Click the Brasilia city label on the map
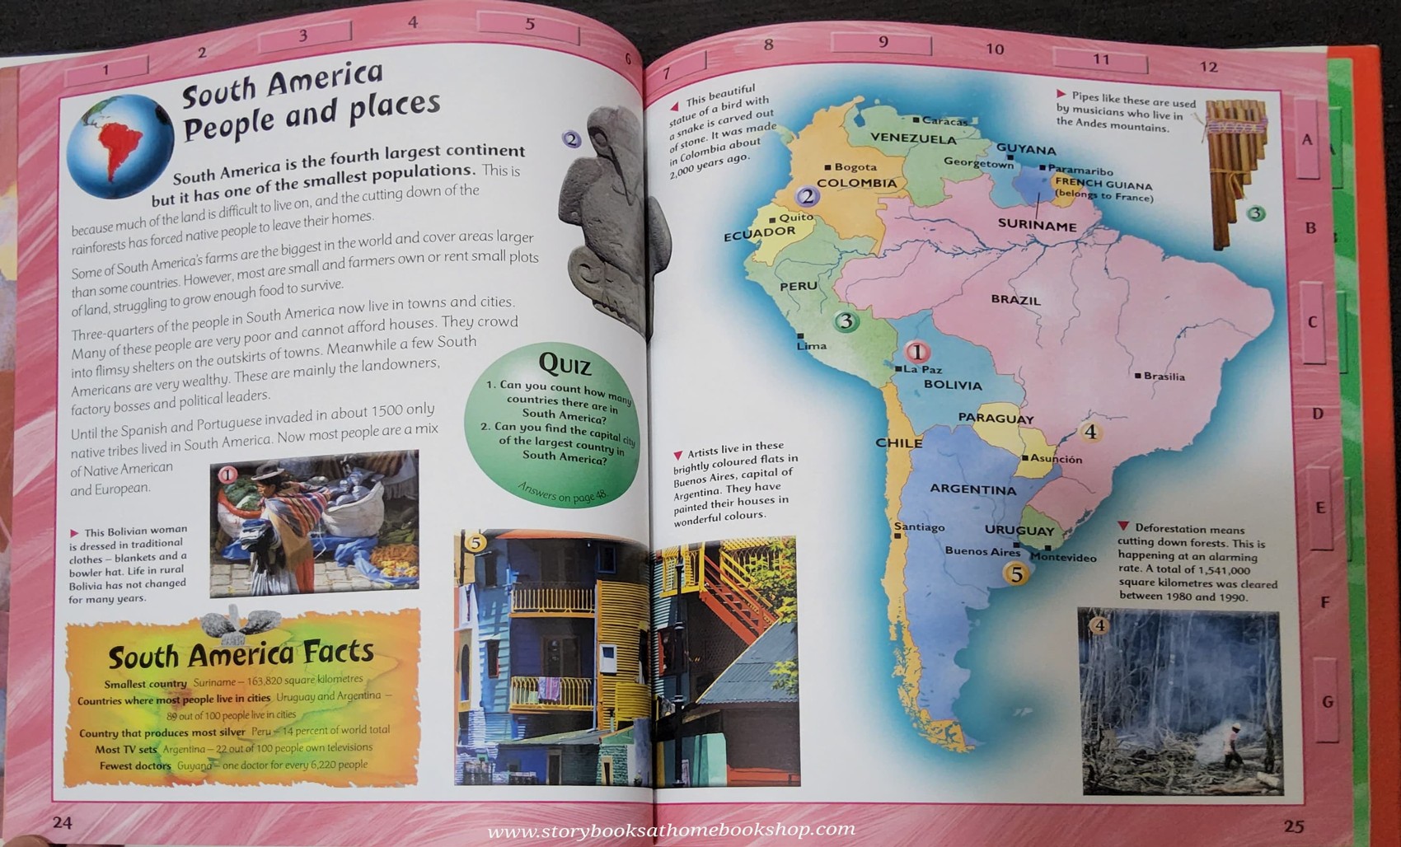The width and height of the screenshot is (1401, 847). click(x=1164, y=377)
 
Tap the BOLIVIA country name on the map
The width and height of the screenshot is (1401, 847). click(x=953, y=385)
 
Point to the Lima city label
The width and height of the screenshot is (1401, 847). click(x=811, y=345)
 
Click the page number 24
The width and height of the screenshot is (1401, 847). click(x=63, y=822)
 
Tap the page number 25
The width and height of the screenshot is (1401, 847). click(x=1293, y=826)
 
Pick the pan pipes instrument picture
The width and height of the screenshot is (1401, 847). click(x=1234, y=172)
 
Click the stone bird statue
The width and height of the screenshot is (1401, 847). click(x=606, y=222)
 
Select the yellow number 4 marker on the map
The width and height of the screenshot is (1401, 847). click(x=1089, y=432)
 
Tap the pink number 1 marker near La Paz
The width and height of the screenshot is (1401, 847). click(x=916, y=352)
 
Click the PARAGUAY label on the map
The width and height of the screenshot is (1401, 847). click(x=996, y=418)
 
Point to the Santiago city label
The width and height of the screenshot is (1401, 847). click(x=920, y=527)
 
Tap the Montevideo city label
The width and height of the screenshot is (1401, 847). click(x=1063, y=558)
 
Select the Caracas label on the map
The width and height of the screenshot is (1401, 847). click(x=944, y=121)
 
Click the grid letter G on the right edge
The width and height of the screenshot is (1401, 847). click(x=1327, y=702)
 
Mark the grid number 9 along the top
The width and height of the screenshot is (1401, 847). click(x=883, y=42)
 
